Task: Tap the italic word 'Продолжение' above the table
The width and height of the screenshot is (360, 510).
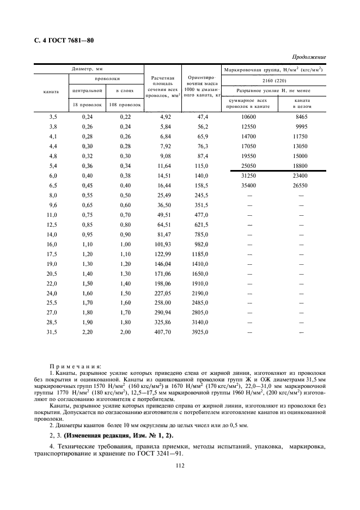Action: (x=309, y=57)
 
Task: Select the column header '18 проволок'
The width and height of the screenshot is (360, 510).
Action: (x=84, y=104)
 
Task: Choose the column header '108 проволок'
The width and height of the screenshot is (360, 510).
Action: (x=123, y=104)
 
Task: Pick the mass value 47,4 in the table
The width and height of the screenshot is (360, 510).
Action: (x=203, y=117)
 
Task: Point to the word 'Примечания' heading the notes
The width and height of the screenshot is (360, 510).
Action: (x=70, y=367)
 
